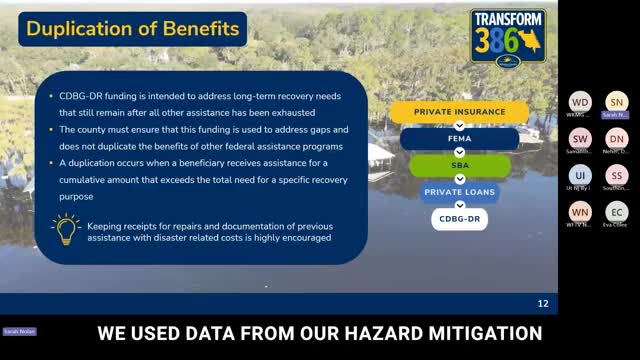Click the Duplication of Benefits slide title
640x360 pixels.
(133, 29)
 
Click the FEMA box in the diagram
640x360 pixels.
(445, 139)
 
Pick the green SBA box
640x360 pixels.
(445, 165)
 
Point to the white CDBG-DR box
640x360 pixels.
(459, 217)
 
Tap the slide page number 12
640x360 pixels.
(543, 303)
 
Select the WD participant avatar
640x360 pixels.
(580, 102)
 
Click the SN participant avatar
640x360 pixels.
(617, 102)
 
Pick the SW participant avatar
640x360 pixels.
(580, 139)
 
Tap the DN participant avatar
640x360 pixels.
(617, 139)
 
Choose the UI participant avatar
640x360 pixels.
(580, 175)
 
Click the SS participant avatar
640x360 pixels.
(617, 175)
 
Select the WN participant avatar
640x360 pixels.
(580, 211)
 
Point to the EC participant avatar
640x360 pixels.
(617, 211)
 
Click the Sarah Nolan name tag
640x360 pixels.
(17, 330)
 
